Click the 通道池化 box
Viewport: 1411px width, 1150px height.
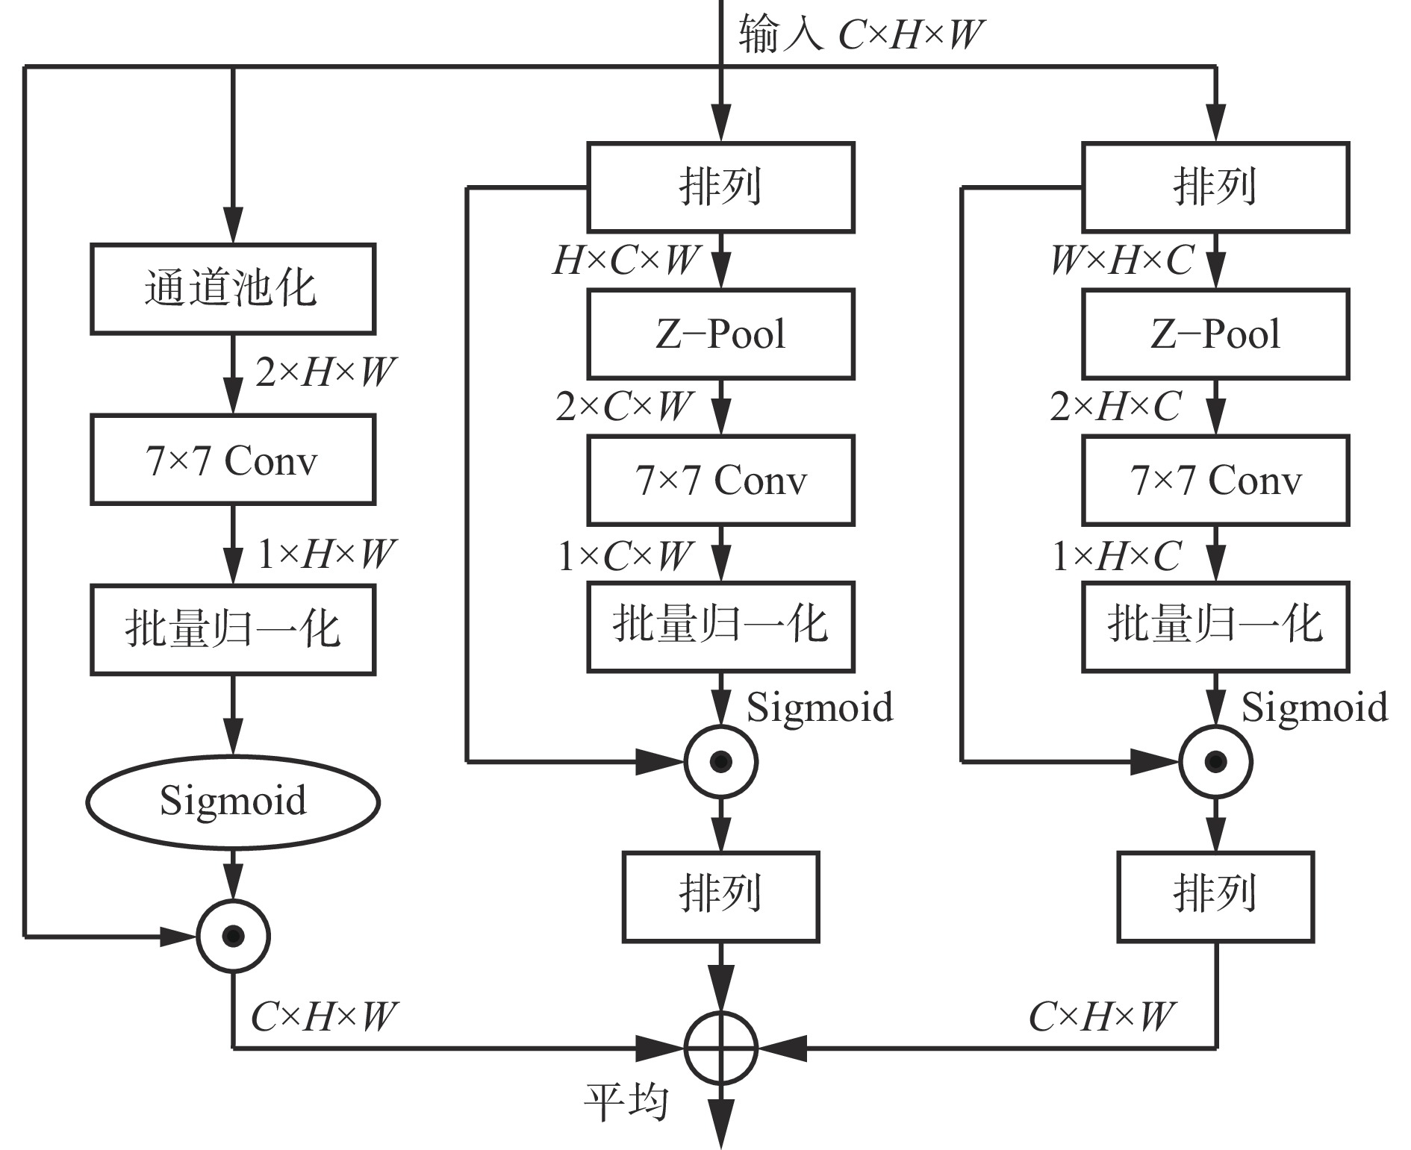pos(232,289)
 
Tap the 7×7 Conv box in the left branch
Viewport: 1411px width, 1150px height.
pos(232,460)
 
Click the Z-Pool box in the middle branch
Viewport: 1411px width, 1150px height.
pos(720,334)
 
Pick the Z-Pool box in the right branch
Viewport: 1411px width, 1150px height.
pos(1215,334)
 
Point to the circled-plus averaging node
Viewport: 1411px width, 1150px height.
pos(721,1048)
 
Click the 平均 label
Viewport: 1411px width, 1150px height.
pos(625,1101)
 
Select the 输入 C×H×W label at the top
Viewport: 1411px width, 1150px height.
pos(861,34)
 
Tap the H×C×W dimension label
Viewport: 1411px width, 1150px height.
pos(625,260)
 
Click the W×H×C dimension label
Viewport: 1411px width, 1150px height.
pos(1121,260)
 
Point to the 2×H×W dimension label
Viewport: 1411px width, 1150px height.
pos(325,372)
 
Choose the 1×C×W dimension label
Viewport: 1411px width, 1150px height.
pos(625,556)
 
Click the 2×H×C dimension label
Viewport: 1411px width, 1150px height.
pos(1115,407)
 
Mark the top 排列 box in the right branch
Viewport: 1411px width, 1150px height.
pos(1215,187)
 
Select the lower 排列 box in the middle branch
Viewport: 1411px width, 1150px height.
pos(720,896)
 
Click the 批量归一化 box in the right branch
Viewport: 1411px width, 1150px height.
pos(1215,626)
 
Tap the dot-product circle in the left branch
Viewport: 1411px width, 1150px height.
pos(233,936)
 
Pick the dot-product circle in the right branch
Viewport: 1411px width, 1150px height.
pos(1215,762)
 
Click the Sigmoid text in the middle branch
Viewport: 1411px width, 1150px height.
pos(820,706)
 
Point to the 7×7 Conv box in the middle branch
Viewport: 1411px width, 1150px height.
pos(720,480)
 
